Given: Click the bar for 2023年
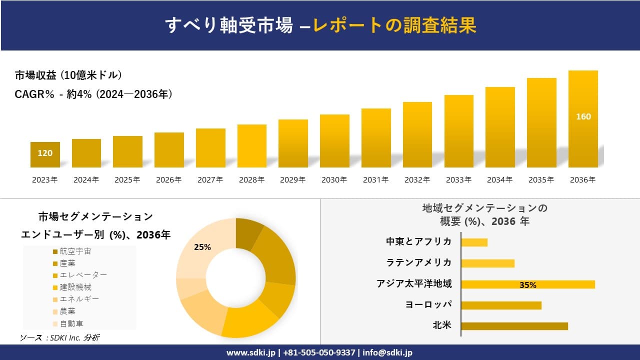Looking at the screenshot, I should coord(45,155).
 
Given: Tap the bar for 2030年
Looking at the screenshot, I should coord(334,141).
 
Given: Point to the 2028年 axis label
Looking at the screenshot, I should coord(251,180).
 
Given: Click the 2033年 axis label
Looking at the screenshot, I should coord(458,180).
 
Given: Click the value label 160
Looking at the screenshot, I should coord(583,116).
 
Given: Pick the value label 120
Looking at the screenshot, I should coord(45,153).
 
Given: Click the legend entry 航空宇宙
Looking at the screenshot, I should coord(75,251).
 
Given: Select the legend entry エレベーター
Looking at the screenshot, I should coord(82,275).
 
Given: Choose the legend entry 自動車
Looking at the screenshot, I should coord(71,323).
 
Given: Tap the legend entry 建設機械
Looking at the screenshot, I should coord(75,287).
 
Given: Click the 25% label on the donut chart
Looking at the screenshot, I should coord(202,247).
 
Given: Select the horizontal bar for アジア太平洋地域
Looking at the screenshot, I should coord(527,284).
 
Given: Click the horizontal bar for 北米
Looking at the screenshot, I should coord(514,326).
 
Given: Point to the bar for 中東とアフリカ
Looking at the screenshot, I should coord(474,242).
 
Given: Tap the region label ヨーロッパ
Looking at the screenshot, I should coord(428,304).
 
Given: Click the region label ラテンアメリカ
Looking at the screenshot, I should coord(418,262).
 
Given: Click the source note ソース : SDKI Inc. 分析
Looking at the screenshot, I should coord(59,338).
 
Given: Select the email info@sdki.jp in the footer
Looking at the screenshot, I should coord(387,352).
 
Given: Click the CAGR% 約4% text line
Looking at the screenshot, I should coord(93,94).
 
